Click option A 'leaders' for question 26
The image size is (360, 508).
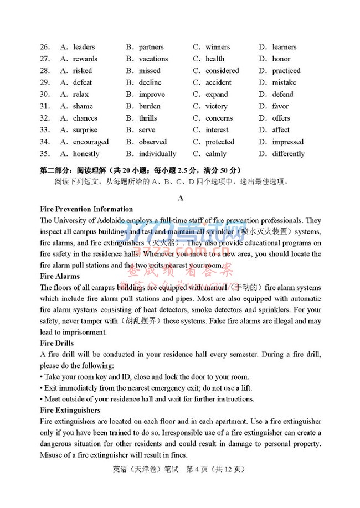[x=84, y=47]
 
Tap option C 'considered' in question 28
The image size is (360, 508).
[x=222, y=71]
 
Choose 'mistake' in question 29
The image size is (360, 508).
[x=284, y=82]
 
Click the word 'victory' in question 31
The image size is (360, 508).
[x=216, y=106]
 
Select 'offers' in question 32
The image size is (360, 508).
[x=281, y=118]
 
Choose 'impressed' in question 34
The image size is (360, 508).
[x=287, y=142]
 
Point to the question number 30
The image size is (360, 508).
[x=45, y=95]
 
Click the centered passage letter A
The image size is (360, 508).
[x=180, y=198]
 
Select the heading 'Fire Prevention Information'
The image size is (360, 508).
[x=87, y=209]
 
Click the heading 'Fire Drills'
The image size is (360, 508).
[x=58, y=344]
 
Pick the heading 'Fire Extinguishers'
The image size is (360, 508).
[x=71, y=410]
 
